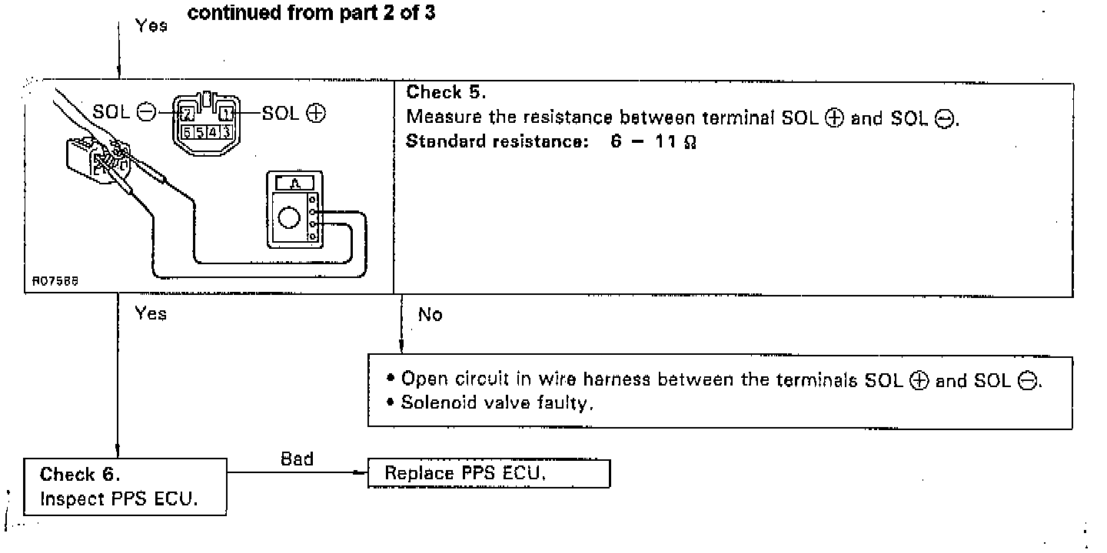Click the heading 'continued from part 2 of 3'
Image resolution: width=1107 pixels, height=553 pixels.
click(311, 14)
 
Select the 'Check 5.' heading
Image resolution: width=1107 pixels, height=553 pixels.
click(446, 93)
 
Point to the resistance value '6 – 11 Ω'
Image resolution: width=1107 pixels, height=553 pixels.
click(654, 144)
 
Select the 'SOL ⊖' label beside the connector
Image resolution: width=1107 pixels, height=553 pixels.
click(123, 112)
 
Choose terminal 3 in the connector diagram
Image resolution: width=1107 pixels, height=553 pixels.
click(227, 131)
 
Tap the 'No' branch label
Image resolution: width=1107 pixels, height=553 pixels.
click(430, 315)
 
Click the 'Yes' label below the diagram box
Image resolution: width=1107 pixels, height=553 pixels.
click(151, 313)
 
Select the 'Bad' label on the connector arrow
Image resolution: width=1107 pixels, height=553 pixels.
click(298, 459)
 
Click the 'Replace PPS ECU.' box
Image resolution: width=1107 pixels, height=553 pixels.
click(489, 473)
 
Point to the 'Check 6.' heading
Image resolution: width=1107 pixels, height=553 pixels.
click(80, 474)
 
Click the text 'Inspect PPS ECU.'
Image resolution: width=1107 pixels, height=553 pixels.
click(119, 499)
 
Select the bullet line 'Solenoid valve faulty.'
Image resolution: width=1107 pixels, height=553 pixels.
click(498, 403)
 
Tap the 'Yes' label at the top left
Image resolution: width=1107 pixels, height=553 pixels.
click(151, 25)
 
